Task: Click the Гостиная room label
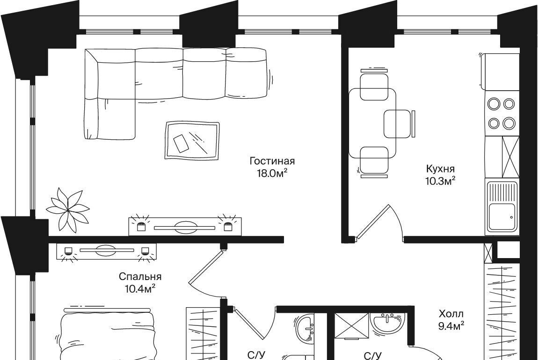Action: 272,161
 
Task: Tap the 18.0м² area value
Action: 272,173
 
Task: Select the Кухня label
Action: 441,169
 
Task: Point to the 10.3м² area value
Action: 441,180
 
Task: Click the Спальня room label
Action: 140,276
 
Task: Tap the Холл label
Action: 451,313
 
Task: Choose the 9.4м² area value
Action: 451,325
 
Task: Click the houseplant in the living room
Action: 68,209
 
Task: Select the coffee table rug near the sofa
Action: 192,140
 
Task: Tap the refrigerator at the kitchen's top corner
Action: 500,72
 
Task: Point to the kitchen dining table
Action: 372,123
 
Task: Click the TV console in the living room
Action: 185,227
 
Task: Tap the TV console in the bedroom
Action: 106,251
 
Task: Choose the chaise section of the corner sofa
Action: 109,119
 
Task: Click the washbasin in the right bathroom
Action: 387,324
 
